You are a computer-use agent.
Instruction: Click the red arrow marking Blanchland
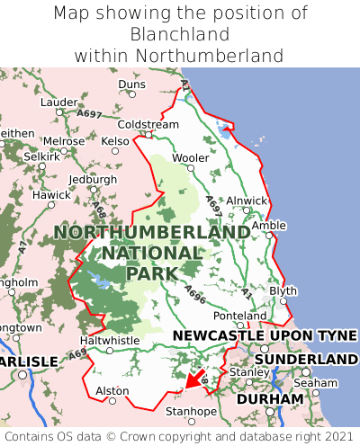point(193,380)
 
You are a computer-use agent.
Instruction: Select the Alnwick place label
point(247,201)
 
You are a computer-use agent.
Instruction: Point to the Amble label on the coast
point(268,226)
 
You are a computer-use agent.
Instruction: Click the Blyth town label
point(283,291)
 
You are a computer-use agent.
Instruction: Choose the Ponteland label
point(239,316)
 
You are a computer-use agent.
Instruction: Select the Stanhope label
point(191,412)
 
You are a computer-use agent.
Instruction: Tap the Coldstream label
point(148,124)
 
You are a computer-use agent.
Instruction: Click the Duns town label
point(131,85)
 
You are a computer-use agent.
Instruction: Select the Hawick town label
point(50,194)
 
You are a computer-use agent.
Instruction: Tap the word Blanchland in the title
point(180,34)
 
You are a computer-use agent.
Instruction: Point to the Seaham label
point(315,382)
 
